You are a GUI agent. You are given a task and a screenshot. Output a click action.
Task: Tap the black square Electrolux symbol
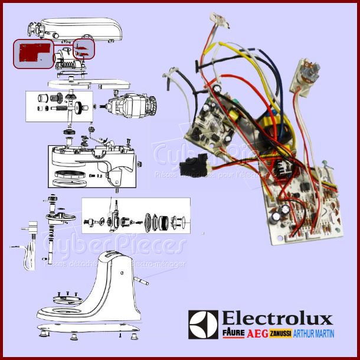point(203,325)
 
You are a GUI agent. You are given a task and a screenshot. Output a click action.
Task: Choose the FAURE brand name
point(233,334)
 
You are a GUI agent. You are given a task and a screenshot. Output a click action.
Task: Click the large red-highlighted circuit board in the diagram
point(32,53)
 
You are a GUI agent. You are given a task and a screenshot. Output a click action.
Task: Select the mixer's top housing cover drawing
point(77,27)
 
